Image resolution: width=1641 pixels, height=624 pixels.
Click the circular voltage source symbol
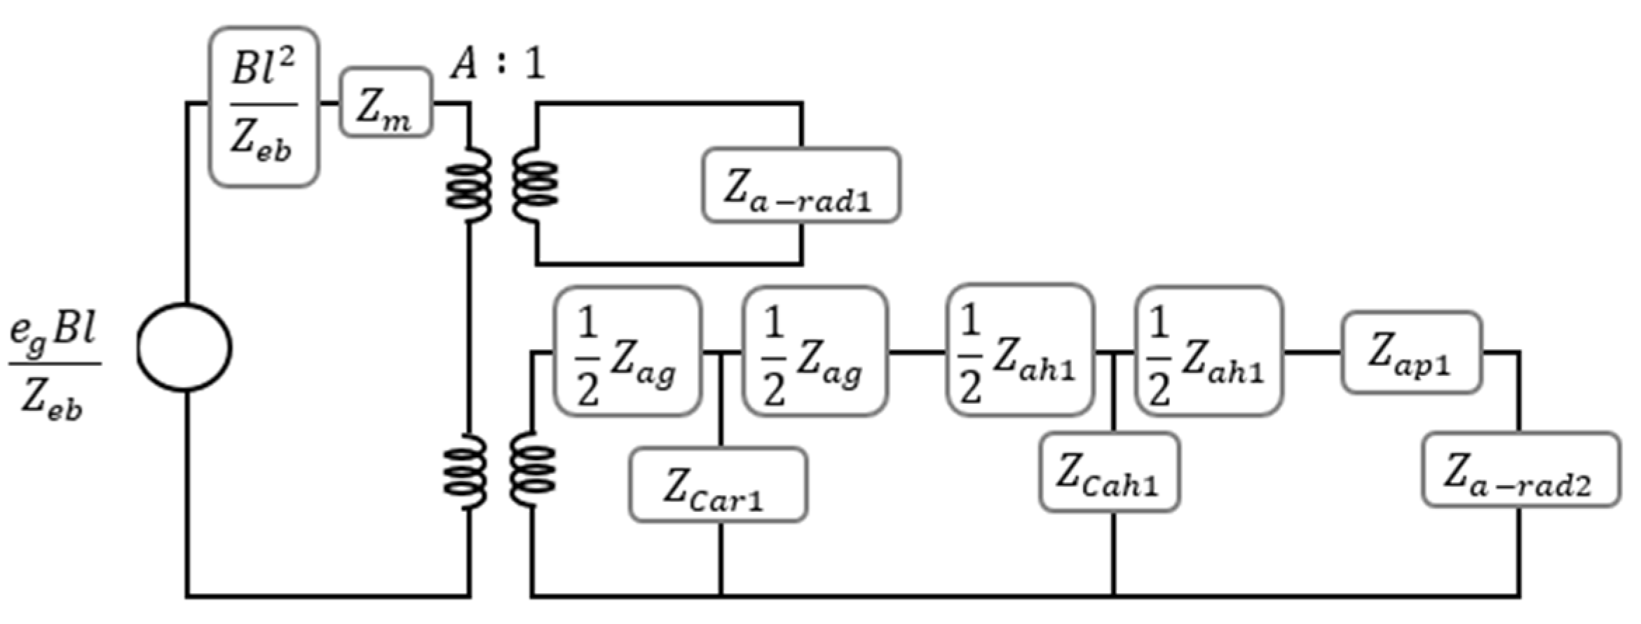(184, 347)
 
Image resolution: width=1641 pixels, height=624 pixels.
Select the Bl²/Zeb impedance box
(264, 107)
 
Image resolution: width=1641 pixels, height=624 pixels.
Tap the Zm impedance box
(386, 102)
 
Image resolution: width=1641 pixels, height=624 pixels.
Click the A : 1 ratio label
(496, 65)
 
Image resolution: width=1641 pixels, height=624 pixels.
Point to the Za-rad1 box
(801, 185)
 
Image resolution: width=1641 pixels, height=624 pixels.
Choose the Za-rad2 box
(1520, 469)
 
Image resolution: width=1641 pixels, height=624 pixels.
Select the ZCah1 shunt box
(1109, 471)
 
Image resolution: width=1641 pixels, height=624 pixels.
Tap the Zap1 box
(1410, 353)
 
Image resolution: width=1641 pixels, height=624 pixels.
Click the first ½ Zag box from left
(627, 351)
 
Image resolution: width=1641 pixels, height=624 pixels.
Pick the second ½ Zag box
(815, 351)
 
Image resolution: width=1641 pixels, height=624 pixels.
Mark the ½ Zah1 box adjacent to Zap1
(1208, 351)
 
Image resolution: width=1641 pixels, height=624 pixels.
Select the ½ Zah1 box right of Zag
(1020, 351)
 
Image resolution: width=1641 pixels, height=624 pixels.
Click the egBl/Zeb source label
(53, 367)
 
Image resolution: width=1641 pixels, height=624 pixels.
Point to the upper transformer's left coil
(468, 186)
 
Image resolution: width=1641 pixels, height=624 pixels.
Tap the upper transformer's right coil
(536, 186)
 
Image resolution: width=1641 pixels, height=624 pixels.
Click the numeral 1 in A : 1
(534, 65)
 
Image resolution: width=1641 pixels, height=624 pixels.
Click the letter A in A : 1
(463, 65)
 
